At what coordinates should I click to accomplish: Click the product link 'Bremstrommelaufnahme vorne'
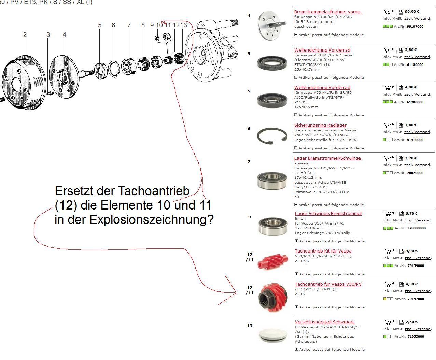pyautogui.click(x=328, y=12)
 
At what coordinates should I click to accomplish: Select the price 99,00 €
pyautogui.click(x=412, y=12)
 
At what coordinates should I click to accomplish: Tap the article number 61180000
pyautogui.click(x=415, y=65)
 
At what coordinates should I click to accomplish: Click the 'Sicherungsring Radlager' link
pyautogui.click(x=320, y=125)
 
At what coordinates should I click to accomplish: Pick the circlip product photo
pyautogui.click(x=272, y=136)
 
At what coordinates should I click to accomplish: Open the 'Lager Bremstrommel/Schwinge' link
pyautogui.click(x=327, y=158)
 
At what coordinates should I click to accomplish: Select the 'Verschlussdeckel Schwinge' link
pyautogui.click(x=325, y=322)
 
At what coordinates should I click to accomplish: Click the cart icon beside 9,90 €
pyautogui.click(x=389, y=251)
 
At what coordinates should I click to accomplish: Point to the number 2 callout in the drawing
pyautogui.click(x=25, y=35)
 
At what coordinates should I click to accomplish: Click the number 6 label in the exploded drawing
pyautogui.click(x=113, y=25)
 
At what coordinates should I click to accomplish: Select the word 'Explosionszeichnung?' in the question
pyautogui.click(x=152, y=220)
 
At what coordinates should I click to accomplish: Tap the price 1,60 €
pyautogui.click(x=411, y=125)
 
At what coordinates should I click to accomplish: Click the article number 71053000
pyautogui.click(x=416, y=337)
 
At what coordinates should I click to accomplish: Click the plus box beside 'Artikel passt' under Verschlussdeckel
pyautogui.click(x=296, y=349)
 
